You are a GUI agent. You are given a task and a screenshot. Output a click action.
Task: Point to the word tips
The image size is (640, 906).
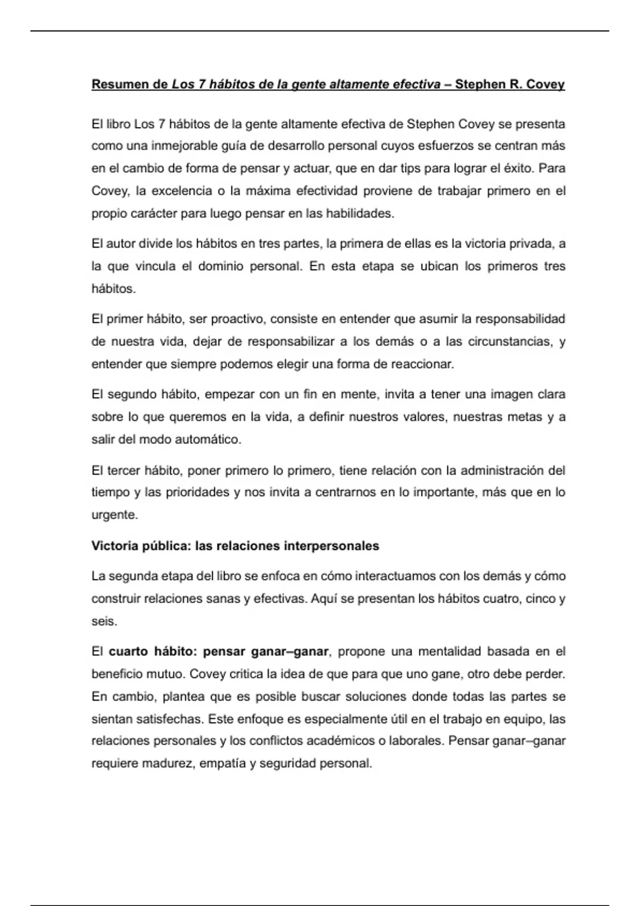(x=406, y=168)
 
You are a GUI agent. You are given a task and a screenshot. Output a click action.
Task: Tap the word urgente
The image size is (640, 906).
(x=114, y=515)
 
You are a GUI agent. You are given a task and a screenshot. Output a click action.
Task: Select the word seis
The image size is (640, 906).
(x=103, y=621)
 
